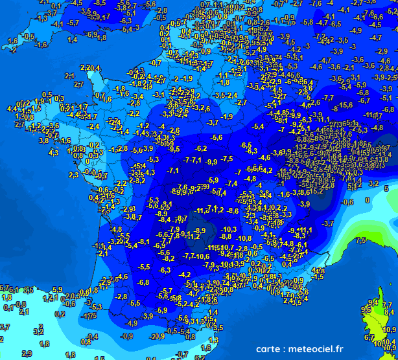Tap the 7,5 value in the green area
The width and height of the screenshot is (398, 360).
361,240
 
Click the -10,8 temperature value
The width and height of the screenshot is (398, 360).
244,238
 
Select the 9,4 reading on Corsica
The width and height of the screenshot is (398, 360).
373,302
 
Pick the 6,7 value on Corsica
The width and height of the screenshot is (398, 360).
369,337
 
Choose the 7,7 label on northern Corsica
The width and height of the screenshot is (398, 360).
389,304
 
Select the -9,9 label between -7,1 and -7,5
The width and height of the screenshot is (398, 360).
211,161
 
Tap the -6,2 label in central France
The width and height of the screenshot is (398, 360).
201,149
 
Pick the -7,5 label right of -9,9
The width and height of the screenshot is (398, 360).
226,159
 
